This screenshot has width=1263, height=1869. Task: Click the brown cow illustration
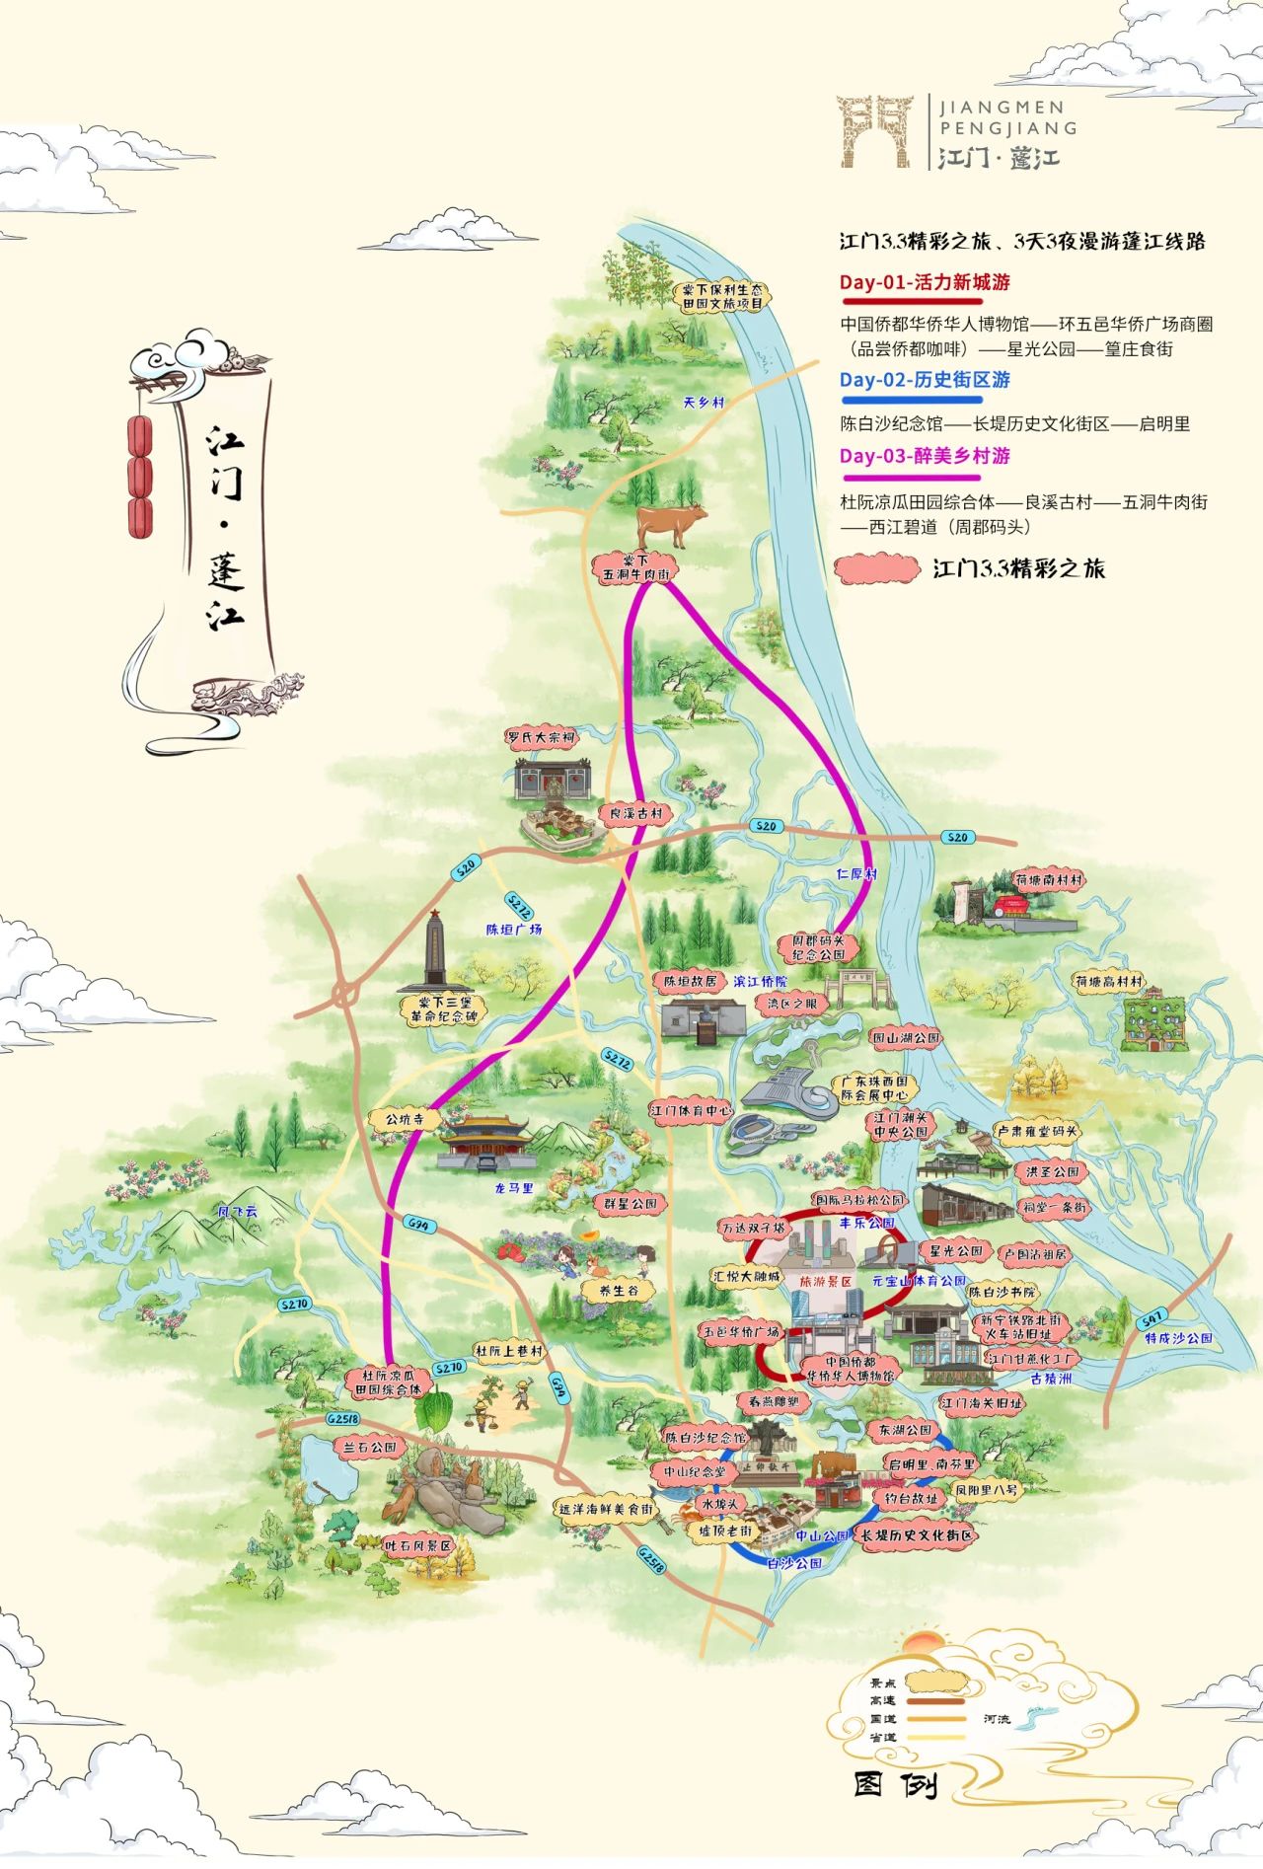click(x=672, y=523)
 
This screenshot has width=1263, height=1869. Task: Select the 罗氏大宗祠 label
click(x=541, y=737)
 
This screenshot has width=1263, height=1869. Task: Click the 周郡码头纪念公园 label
click(x=818, y=948)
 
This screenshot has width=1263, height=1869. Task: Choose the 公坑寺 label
click(x=405, y=1119)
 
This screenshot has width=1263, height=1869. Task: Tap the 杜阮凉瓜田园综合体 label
click(x=395, y=1382)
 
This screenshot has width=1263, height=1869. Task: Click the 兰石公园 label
click(x=370, y=1447)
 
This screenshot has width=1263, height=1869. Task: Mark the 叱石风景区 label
click(x=417, y=1545)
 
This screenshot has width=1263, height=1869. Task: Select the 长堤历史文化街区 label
click(x=917, y=1535)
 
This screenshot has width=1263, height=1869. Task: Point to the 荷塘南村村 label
click(x=1048, y=879)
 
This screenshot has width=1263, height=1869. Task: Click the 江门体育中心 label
click(x=691, y=1110)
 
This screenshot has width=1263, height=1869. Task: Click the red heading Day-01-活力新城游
click(x=925, y=282)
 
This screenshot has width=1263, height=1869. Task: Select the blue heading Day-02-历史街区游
click(x=925, y=380)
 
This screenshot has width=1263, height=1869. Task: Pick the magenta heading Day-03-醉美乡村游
click(x=925, y=456)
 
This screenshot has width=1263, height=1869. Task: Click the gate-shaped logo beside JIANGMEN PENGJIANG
click(x=875, y=131)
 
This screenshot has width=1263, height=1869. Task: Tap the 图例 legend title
click(x=893, y=1784)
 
